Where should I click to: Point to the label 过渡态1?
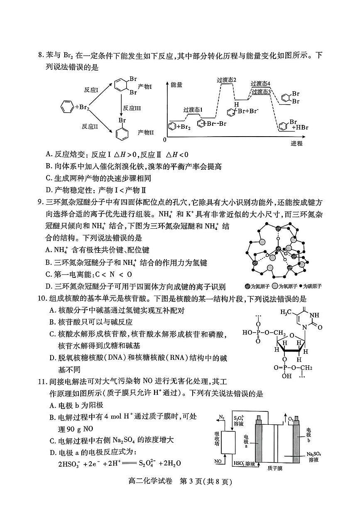pyautogui.click(x=193, y=110)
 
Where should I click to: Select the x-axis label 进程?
pyautogui.click(x=296, y=143)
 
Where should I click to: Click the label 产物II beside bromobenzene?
pyautogui.click(x=146, y=132)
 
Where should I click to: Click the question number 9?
pyautogui.click(x=40, y=203)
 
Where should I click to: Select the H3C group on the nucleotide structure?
pyautogui.click(x=287, y=312)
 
